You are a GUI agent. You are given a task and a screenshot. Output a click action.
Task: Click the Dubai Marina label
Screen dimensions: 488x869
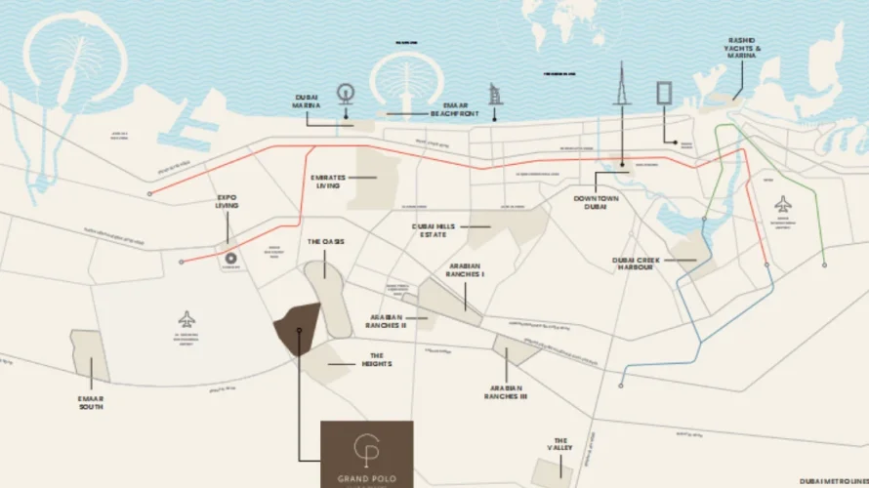[x=307, y=102]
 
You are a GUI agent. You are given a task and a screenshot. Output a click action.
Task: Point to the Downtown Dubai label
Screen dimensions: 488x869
[x=596, y=203]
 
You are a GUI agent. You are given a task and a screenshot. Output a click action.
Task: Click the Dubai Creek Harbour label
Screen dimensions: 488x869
[x=639, y=263]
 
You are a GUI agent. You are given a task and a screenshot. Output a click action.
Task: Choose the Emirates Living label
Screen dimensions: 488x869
[x=327, y=181]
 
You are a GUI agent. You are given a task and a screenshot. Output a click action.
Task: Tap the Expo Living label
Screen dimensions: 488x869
[x=227, y=201]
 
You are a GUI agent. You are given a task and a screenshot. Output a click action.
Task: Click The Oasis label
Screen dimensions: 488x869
[x=326, y=241]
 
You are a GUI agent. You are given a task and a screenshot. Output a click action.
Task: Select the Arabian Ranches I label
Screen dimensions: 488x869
[x=466, y=270]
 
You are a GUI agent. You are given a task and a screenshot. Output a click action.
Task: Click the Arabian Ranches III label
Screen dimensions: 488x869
[x=507, y=391]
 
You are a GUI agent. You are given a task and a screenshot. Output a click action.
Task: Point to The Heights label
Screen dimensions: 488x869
[x=380, y=359]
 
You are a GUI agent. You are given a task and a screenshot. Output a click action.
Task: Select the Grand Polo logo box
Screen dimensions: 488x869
[x=367, y=454]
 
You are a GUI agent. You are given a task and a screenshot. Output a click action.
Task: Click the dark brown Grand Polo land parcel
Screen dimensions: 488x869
[x=296, y=329]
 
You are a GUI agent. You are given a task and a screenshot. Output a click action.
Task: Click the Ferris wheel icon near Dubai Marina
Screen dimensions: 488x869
[x=345, y=95]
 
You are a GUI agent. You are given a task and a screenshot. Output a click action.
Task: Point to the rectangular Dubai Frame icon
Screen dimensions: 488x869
[x=663, y=94]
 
